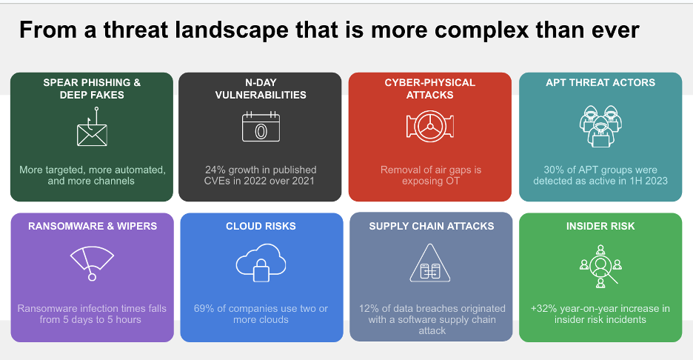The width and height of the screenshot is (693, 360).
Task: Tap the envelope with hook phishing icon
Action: coord(92,130)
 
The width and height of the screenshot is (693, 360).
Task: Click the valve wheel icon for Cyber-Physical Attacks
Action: coord(429,127)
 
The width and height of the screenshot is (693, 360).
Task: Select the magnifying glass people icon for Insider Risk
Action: coord(600,264)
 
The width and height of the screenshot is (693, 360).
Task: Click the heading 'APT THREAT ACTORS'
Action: coord(600,82)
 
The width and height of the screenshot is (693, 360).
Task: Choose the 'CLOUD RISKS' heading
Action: coord(261,226)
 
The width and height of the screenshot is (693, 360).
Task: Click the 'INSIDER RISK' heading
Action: coord(600,226)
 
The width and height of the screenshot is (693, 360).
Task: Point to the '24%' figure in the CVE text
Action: coord(215,170)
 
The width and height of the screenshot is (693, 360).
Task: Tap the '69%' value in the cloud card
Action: coord(204,308)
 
